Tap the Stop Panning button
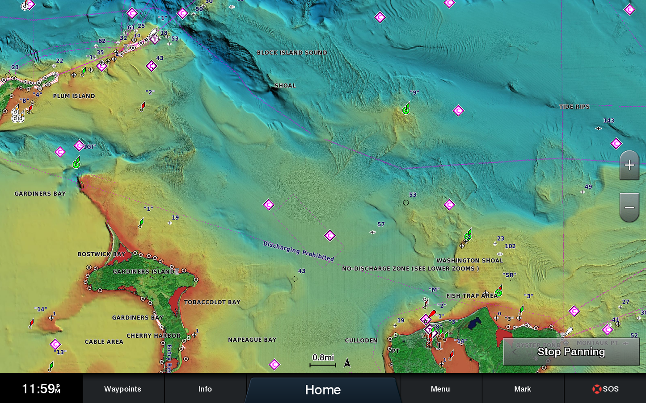(571, 352)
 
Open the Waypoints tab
(122, 389)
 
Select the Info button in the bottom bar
(205, 389)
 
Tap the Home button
(322, 390)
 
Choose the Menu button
(440, 389)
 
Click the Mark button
(522, 389)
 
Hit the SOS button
(605, 389)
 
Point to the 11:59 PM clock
(41, 389)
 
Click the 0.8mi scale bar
(323, 361)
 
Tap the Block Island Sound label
(291, 53)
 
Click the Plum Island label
(74, 96)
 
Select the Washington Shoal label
(469, 261)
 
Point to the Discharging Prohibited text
(298, 251)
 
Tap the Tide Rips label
(574, 107)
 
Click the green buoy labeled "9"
(406, 109)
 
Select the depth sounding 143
(608, 120)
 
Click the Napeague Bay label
(252, 340)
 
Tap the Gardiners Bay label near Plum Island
(40, 194)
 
